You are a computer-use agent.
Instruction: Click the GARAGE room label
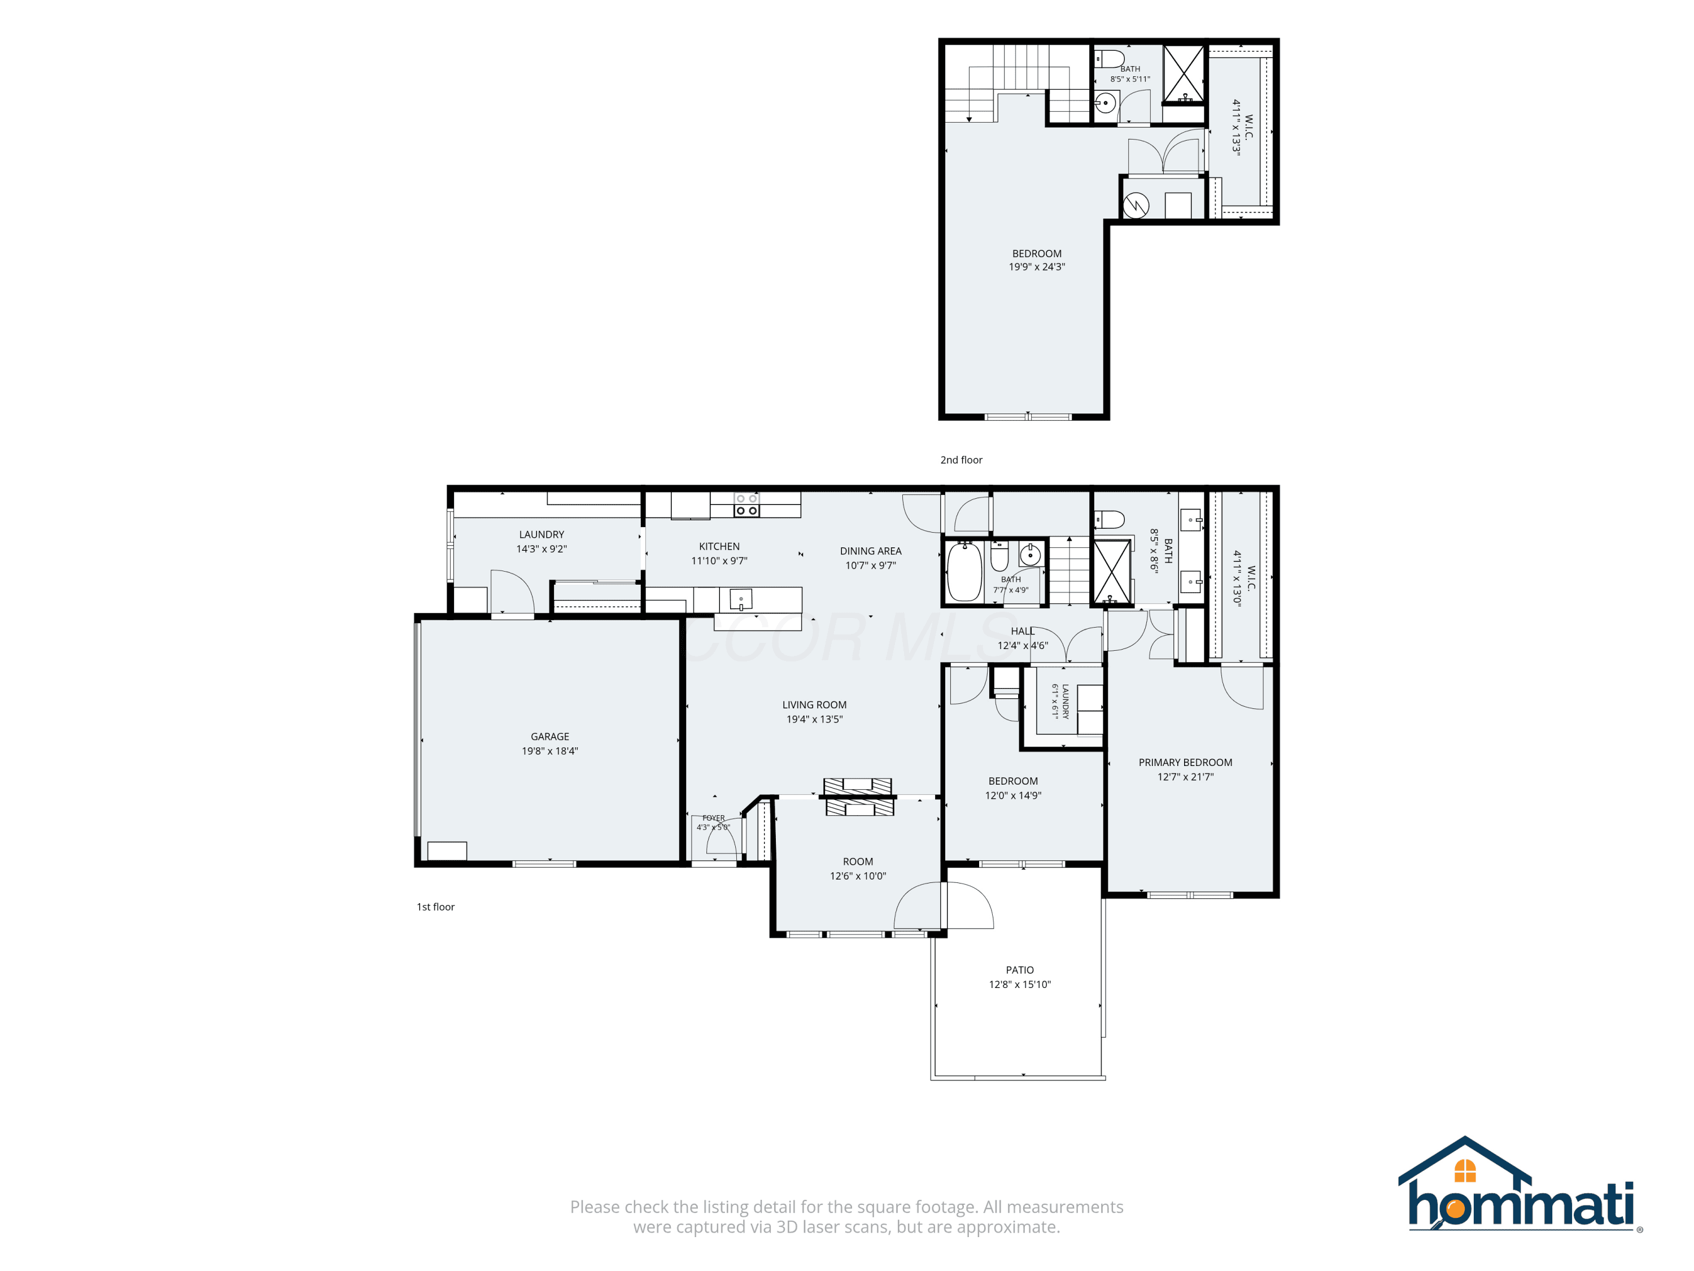[x=550, y=736]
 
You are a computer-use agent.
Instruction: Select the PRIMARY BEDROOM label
[x=1185, y=762]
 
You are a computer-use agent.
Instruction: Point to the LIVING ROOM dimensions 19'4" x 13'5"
[x=814, y=720]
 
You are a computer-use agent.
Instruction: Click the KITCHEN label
[x=719, y=546]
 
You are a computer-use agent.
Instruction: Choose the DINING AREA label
[x=871, y=551]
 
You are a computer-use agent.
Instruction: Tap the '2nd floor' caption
[x=961, y=460]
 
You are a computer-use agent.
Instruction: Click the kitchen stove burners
[x=746, y=505]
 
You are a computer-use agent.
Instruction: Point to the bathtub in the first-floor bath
[x=965, y=572]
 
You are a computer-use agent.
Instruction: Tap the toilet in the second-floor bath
[x=1109, y=59]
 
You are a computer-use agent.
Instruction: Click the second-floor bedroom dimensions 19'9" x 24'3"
[x=1036, y=267]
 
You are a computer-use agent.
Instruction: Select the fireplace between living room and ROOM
[x=858, y=796]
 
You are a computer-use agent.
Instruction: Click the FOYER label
[x=713, y=818]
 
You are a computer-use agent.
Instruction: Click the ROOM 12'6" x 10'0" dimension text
[x=858, y=876]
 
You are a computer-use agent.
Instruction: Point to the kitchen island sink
[x=740, y=599]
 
